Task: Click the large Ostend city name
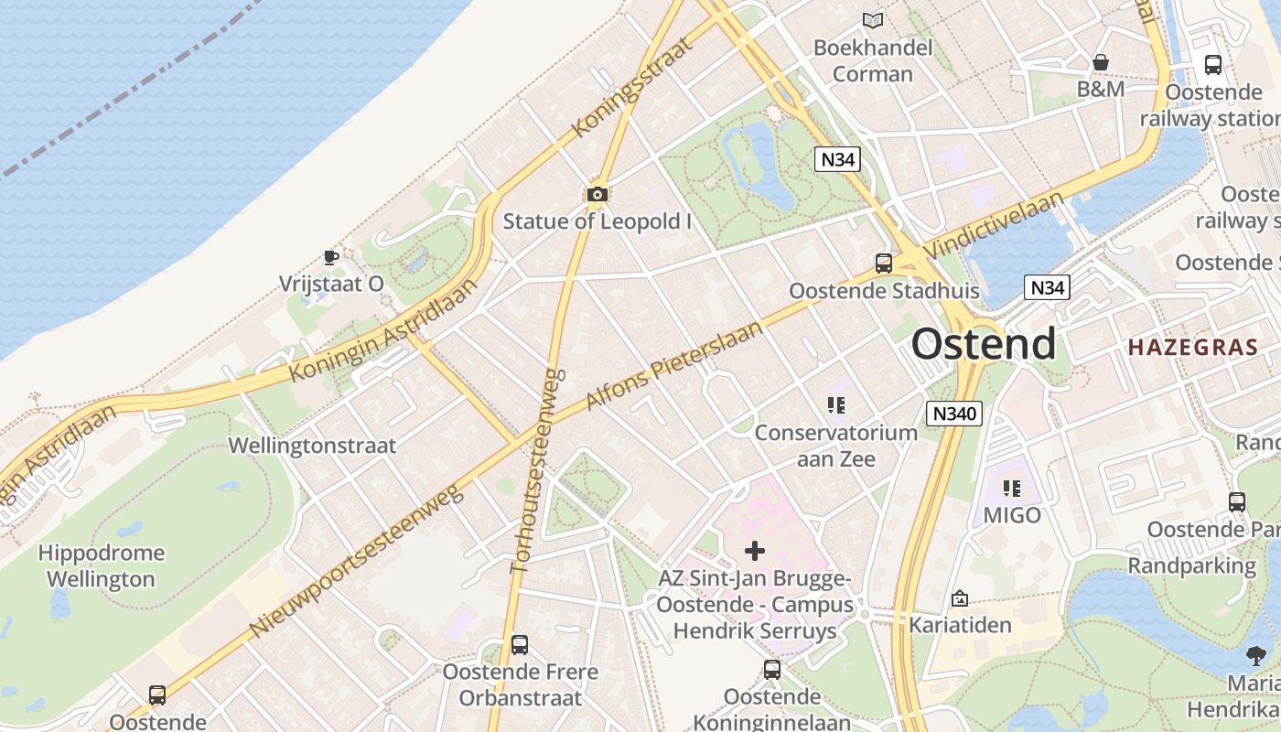984,344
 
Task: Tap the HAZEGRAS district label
1193,348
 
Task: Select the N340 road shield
954,414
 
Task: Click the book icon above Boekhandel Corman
873,20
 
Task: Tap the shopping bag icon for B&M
1101,62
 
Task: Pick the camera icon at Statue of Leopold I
597,194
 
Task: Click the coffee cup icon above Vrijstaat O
331,257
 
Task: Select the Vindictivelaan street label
994,224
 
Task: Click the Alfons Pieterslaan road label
673,364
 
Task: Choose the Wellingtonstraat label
312,446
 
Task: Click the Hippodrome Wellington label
101,566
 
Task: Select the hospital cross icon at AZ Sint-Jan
755,550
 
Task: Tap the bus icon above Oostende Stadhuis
884,264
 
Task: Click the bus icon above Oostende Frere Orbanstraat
520,645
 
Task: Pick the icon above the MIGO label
1011,489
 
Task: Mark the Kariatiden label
960,625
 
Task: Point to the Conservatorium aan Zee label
835,446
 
